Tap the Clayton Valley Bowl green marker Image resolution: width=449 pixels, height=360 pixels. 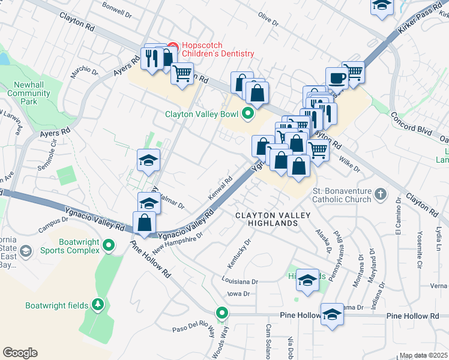pyautogui.click(x=247, y=113)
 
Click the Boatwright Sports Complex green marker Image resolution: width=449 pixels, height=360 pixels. pyautogui.click(x=109, y=245)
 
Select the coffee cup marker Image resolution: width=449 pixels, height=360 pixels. pyautogui.click(x=336, y=77)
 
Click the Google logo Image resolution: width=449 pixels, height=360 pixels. pyautogui.click(x=20, y=353)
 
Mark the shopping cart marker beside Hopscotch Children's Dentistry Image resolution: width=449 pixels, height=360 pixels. pyautogui.click(x=182, y=74)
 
